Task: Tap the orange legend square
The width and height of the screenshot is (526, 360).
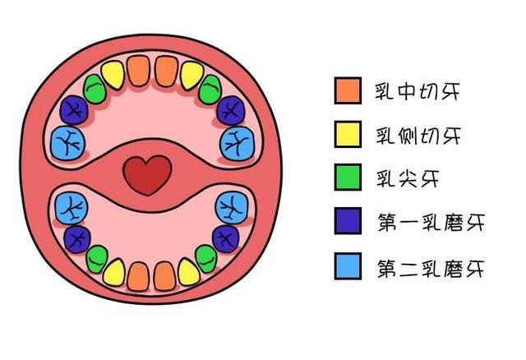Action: click(x=348, y=90)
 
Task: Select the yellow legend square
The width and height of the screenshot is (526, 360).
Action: click(x=348, y=134)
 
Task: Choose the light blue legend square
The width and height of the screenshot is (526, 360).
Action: click(x=348, y=266)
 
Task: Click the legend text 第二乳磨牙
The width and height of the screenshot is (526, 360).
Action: click(x=429, y=267)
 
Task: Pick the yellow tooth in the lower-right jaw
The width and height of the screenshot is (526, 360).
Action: click(x=189, y=271)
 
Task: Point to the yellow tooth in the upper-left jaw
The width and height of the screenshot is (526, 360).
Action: click(x=113, y=76)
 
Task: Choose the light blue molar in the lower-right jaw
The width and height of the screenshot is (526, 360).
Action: click(x=231, y=209)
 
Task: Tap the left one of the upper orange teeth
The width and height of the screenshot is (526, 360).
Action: click(x=139, y=71)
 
